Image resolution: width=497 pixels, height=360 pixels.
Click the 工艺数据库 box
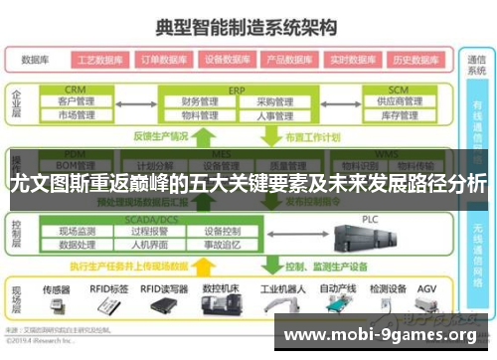tap(99, 60)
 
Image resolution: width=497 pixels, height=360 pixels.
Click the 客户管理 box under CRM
tap(77, 101)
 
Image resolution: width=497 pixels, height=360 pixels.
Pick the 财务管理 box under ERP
tap(200, 101)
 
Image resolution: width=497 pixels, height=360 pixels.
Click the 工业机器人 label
tap(281, 288)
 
